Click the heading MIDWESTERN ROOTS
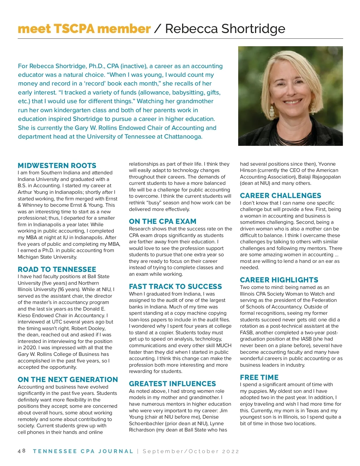pyautogui.click(x=57, y=166)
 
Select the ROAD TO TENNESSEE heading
pyautogui.click(x=57, y=269)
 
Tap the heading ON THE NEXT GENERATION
pyautogui.click(x=68, y=380)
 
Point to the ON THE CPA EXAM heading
pyautogui.click(x=163, y=221)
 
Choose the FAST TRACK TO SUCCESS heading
pyautogui.click(x=175, y=287)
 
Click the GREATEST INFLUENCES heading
pyautogui.click(x=172, y=384)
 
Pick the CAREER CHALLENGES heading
pyautogui.click(x=280, y=196)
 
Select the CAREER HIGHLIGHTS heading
pyautogui.click(x=279, y=280)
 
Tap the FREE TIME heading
pyautogui.click(x=259, y=377)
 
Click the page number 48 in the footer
pyautogui.click(x=22, y=451)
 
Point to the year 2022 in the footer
pyautogui.click(x=231, y=451)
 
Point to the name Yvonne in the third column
pyautogui.click(x=327, y=164)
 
